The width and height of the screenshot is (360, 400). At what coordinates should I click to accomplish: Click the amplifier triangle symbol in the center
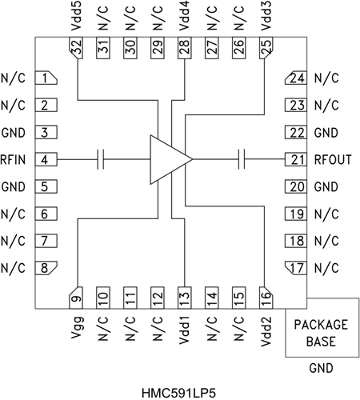[x=168, y=160]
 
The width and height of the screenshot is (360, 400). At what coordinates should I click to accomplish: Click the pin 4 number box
[x=48, y=160]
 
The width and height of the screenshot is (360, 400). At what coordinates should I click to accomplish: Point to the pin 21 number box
[x=298, y=160]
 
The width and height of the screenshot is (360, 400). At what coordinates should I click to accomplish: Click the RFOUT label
[x=334, y=160]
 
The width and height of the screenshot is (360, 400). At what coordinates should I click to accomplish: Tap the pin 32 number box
[x=77, y=48]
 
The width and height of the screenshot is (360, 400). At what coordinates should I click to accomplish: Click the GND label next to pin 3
[x=14, y=133]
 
